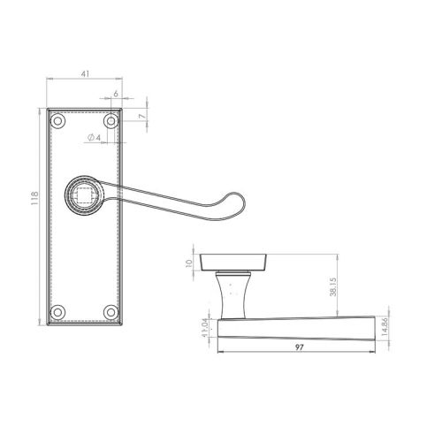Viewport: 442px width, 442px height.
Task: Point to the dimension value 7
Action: (141, 116)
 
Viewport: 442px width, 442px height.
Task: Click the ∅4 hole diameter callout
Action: (95, 137)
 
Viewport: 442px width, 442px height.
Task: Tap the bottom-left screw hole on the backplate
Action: (58, 311)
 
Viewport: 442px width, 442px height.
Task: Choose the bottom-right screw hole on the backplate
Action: (110, 311)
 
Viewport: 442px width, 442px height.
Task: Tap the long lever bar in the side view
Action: (301, 330)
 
